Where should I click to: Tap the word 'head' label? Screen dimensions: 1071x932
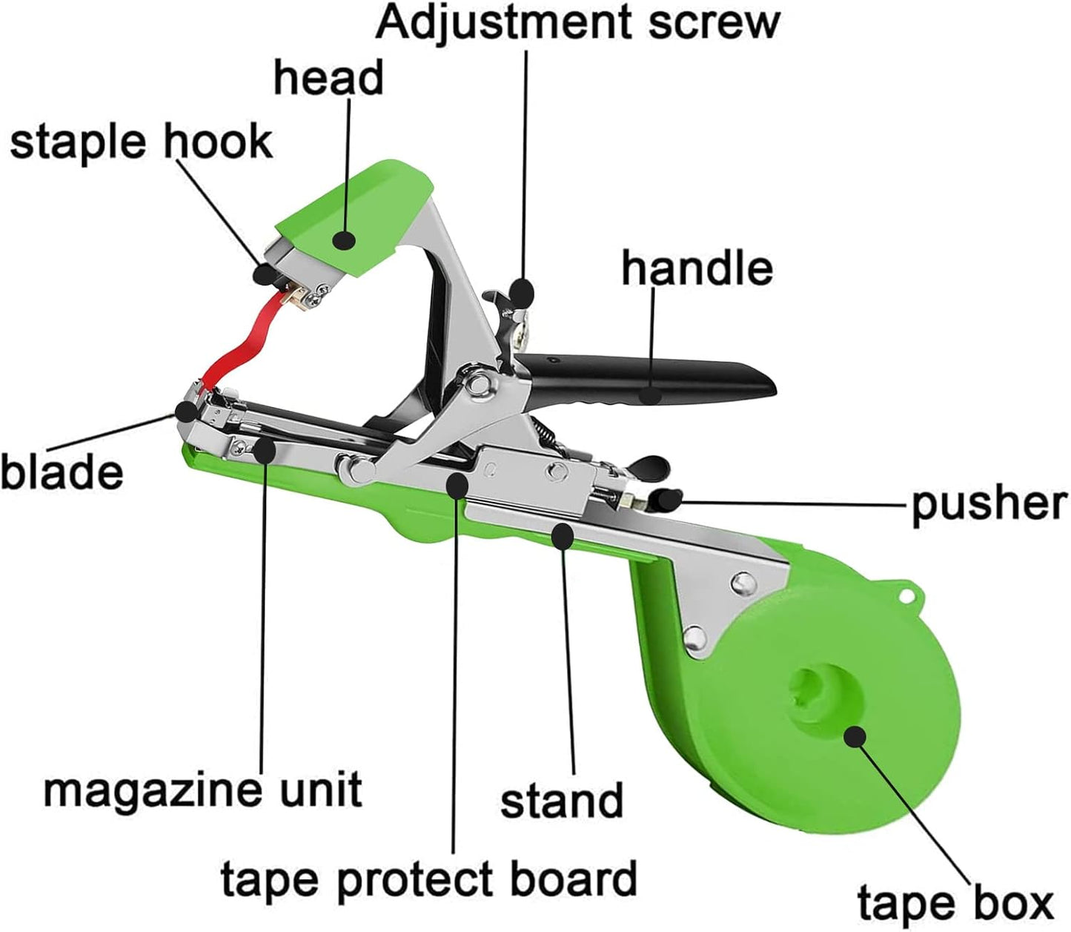329,78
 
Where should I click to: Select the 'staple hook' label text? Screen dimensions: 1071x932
142,142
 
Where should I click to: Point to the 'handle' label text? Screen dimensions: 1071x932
697,268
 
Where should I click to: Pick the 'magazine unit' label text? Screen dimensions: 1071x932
203,790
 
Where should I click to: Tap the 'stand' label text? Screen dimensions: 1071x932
562,800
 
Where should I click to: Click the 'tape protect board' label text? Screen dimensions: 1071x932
428,878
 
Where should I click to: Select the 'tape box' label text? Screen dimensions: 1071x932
955,903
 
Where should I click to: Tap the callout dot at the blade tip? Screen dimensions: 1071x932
186,412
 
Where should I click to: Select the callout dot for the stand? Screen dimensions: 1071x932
563,535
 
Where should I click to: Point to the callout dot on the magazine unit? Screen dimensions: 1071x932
265,450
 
